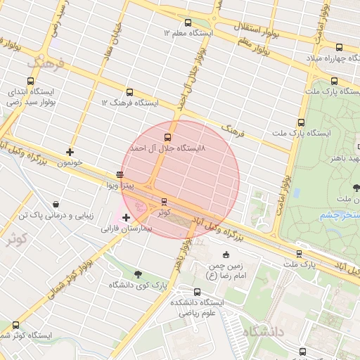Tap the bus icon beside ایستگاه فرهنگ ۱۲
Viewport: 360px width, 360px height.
click(x=129, y=92)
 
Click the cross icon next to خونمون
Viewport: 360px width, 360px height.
click(x=70, y=151)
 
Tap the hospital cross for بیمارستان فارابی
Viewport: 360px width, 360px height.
click(x=126, y=217)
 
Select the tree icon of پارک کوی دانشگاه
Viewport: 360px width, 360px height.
click(x=136, y=274)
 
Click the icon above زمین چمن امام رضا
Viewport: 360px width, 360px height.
click(x=225, y=255)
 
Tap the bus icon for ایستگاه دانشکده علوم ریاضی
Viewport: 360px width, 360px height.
click(x=197, y=291)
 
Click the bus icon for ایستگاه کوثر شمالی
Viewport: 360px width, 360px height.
click(x=15, y=325)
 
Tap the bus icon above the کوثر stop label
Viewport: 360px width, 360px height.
click(x=165, y=202)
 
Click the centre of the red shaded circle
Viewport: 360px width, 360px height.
click(x=181, y=179)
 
